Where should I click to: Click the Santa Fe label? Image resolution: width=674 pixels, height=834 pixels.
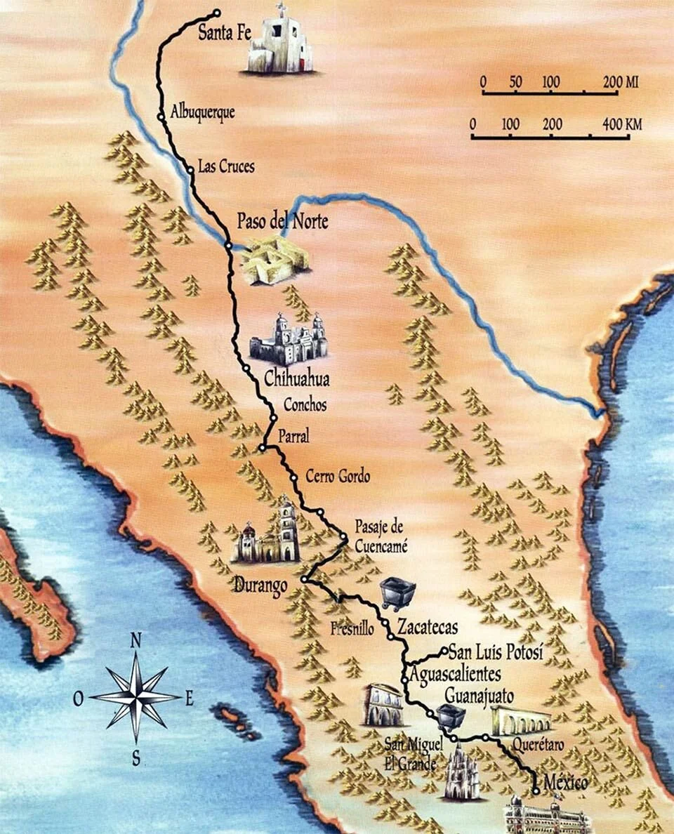click(x=225, y=32)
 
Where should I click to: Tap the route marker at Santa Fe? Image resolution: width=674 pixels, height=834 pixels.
click(x=217, y=12)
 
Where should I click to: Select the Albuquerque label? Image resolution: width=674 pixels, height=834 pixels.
click(x=202, y=112)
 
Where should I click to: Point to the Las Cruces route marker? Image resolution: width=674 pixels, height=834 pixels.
click(x=190, y=168)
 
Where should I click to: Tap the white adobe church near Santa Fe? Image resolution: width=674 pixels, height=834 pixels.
click(x=280, y=42)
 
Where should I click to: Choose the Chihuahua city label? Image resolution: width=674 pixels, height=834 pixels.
click(x=296, y=379)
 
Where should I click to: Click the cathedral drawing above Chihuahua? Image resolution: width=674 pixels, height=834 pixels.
click(x=289, y=339)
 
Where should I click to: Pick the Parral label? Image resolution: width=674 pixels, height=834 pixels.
click(x=293, y=437)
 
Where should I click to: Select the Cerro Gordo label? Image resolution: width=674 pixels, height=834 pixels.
click(x=338, y=476)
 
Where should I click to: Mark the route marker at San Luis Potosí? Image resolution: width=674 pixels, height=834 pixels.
click(x=444, y=651)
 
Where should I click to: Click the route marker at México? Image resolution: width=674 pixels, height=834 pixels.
click(x=536, y=790)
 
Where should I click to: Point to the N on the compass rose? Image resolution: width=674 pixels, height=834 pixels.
click(x=137, y=640)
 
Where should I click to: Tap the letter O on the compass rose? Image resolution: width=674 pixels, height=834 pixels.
click(x=79, y=698)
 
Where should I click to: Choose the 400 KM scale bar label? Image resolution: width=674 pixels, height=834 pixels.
click(x=621, y=125)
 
